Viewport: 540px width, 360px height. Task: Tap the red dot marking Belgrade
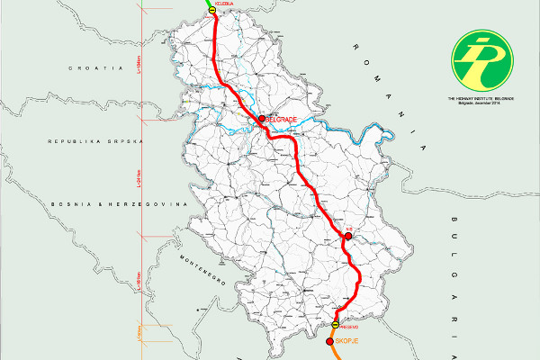[261, 119]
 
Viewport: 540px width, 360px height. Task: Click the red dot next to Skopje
[330, 341]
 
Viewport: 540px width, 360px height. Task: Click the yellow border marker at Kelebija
[212, 9]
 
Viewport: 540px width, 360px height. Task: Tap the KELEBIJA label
[225, 3]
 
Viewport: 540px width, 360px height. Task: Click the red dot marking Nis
[346, 237]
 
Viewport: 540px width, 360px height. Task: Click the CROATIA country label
[99, 67]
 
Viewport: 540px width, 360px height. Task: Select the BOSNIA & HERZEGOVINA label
[117, 205]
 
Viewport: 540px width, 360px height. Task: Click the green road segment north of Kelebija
[208, 3]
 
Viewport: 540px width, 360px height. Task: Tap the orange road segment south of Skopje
[335, 354]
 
